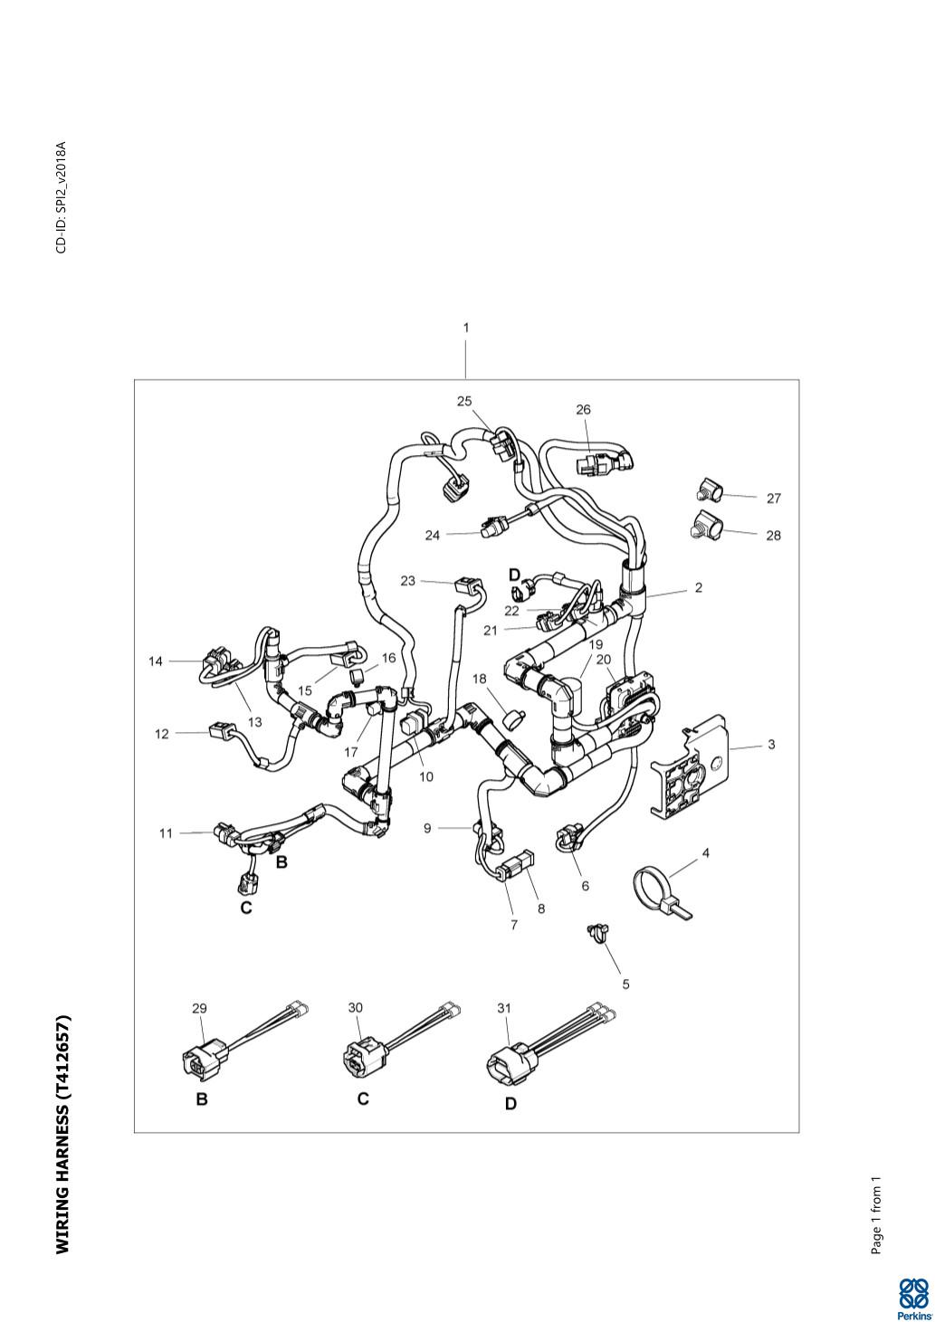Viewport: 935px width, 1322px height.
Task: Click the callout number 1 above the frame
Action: [466, 328]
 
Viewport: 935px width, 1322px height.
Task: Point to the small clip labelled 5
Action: [596, 932]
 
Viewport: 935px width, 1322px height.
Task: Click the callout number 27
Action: [773, 499]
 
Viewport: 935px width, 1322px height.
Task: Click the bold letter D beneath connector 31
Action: [510, 1104]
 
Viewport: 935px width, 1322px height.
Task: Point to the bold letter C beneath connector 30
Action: [363, 1099]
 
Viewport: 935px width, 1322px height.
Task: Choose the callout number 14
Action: [156, 661]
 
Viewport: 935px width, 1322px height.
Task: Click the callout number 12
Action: [162, 734]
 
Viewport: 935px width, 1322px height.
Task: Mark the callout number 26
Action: [584, 410]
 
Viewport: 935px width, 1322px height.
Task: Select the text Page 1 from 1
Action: [875, 1215]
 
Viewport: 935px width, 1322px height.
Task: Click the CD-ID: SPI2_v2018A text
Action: [62, 197]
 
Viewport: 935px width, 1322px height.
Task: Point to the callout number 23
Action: [408, 581]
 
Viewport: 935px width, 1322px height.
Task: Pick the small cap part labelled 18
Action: [515, 718]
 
